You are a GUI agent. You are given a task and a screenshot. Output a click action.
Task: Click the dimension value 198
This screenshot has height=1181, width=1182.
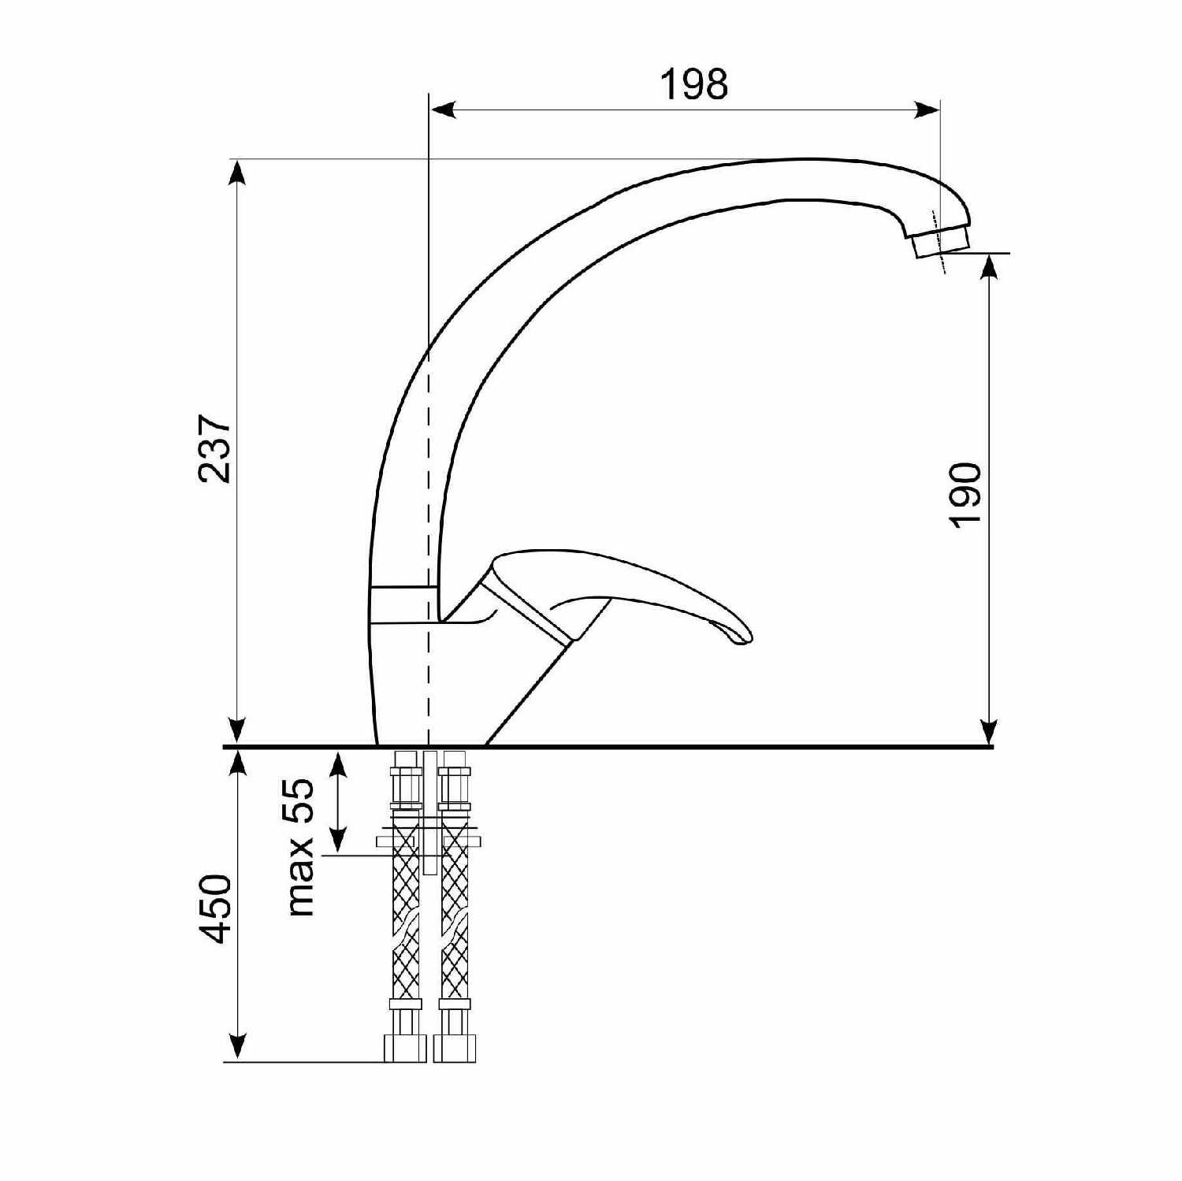tap(693, 84)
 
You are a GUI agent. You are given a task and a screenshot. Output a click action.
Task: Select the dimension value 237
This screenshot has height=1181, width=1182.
tap(214, 448)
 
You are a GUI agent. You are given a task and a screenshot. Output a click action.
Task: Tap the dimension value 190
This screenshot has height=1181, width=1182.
tap(965, 495)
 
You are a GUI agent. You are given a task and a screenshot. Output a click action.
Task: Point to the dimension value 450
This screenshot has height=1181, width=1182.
tap(214, 908)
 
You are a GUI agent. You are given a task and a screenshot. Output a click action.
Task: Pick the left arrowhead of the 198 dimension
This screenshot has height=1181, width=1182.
tap(443, 110)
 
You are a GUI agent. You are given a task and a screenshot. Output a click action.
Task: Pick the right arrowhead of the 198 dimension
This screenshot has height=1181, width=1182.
tap(926, 110)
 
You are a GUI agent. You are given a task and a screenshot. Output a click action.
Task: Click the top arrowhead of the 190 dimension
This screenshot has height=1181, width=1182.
tap(990, 268)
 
